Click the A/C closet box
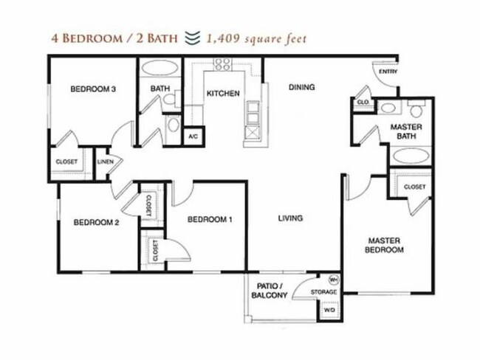pos(193,136)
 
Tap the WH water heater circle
pos(333,280)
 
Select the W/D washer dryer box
pos(329,310)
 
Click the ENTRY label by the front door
pos(388,72)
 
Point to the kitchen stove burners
pos(222,64)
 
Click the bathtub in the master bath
pos(410,156)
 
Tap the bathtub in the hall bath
pos(160,67)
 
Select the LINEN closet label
pos(106,162)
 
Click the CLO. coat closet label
pos(363,102)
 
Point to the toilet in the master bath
pos(416,108)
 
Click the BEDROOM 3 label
pos(93,89)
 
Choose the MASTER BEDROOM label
pos(384,245)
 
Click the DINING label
pos(302,87)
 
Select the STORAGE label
pos(324,292)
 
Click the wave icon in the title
pos(193,38)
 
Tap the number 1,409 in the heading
pos(223,38)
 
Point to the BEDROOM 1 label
pos(210,219)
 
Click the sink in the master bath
pos(388,108)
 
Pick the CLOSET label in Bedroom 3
pos(66,162)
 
